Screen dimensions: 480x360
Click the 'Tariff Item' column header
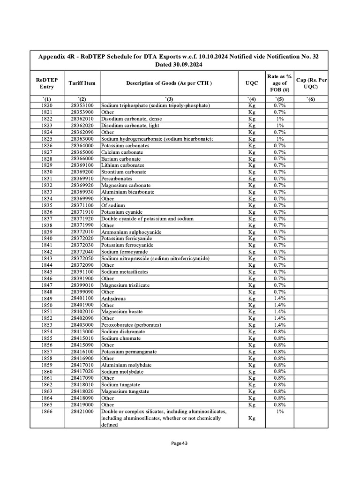coord(82,83)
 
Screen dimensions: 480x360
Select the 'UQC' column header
coord(252,83)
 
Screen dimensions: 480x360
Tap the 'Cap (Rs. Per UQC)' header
coord(311,83)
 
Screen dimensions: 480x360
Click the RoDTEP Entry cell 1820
coord(47,105)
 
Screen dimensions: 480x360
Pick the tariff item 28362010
coord(82,119)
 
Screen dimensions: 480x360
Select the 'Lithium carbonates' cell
coord(122,165)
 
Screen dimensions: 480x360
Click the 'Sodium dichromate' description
coord(123,331)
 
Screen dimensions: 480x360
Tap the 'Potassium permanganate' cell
coord(129,352)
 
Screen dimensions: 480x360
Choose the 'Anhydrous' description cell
coord(113,298)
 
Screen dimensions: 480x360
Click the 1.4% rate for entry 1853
coord(280,325)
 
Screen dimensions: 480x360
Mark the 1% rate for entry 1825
coord(280,139)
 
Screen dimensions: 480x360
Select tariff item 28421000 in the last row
coord(82,411)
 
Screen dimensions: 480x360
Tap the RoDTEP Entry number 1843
coord(47,258)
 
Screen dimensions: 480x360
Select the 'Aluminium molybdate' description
coord(125,365)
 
